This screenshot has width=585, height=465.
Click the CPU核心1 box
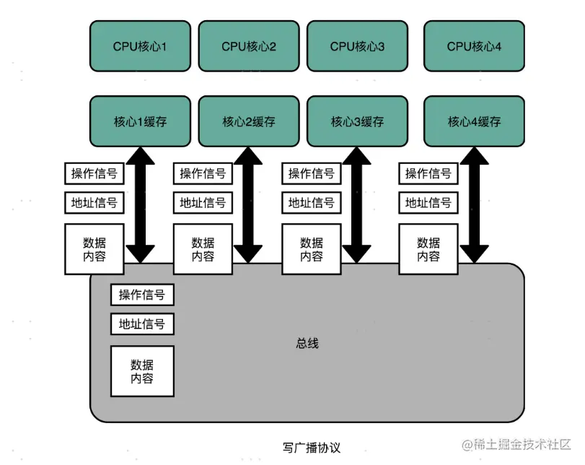click(140, 46)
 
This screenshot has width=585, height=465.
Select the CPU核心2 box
click(249, 46)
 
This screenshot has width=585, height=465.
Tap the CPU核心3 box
click(358, 46)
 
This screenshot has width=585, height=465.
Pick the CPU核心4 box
click(474, 46)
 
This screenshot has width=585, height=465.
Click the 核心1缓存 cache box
click(140, 121)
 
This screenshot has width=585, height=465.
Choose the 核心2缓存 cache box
click(249, 121)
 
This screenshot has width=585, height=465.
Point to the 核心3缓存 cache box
click(358, 121)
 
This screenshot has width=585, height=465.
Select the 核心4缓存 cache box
click(474, 121)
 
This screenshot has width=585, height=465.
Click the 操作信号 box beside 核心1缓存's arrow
click(94, 173)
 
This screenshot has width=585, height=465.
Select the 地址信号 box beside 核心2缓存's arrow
click(203, 203)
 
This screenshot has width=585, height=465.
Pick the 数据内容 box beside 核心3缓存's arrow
click(312, 249)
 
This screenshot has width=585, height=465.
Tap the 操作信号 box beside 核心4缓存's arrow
click(428, 173)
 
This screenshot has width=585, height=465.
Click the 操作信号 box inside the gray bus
click(142, 295)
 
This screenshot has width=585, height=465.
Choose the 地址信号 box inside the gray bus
click(142, 325)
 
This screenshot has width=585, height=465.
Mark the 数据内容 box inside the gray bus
click(142, 371)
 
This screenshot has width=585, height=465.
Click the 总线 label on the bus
click(307, 343)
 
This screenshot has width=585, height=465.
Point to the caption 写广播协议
click(311, 448)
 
